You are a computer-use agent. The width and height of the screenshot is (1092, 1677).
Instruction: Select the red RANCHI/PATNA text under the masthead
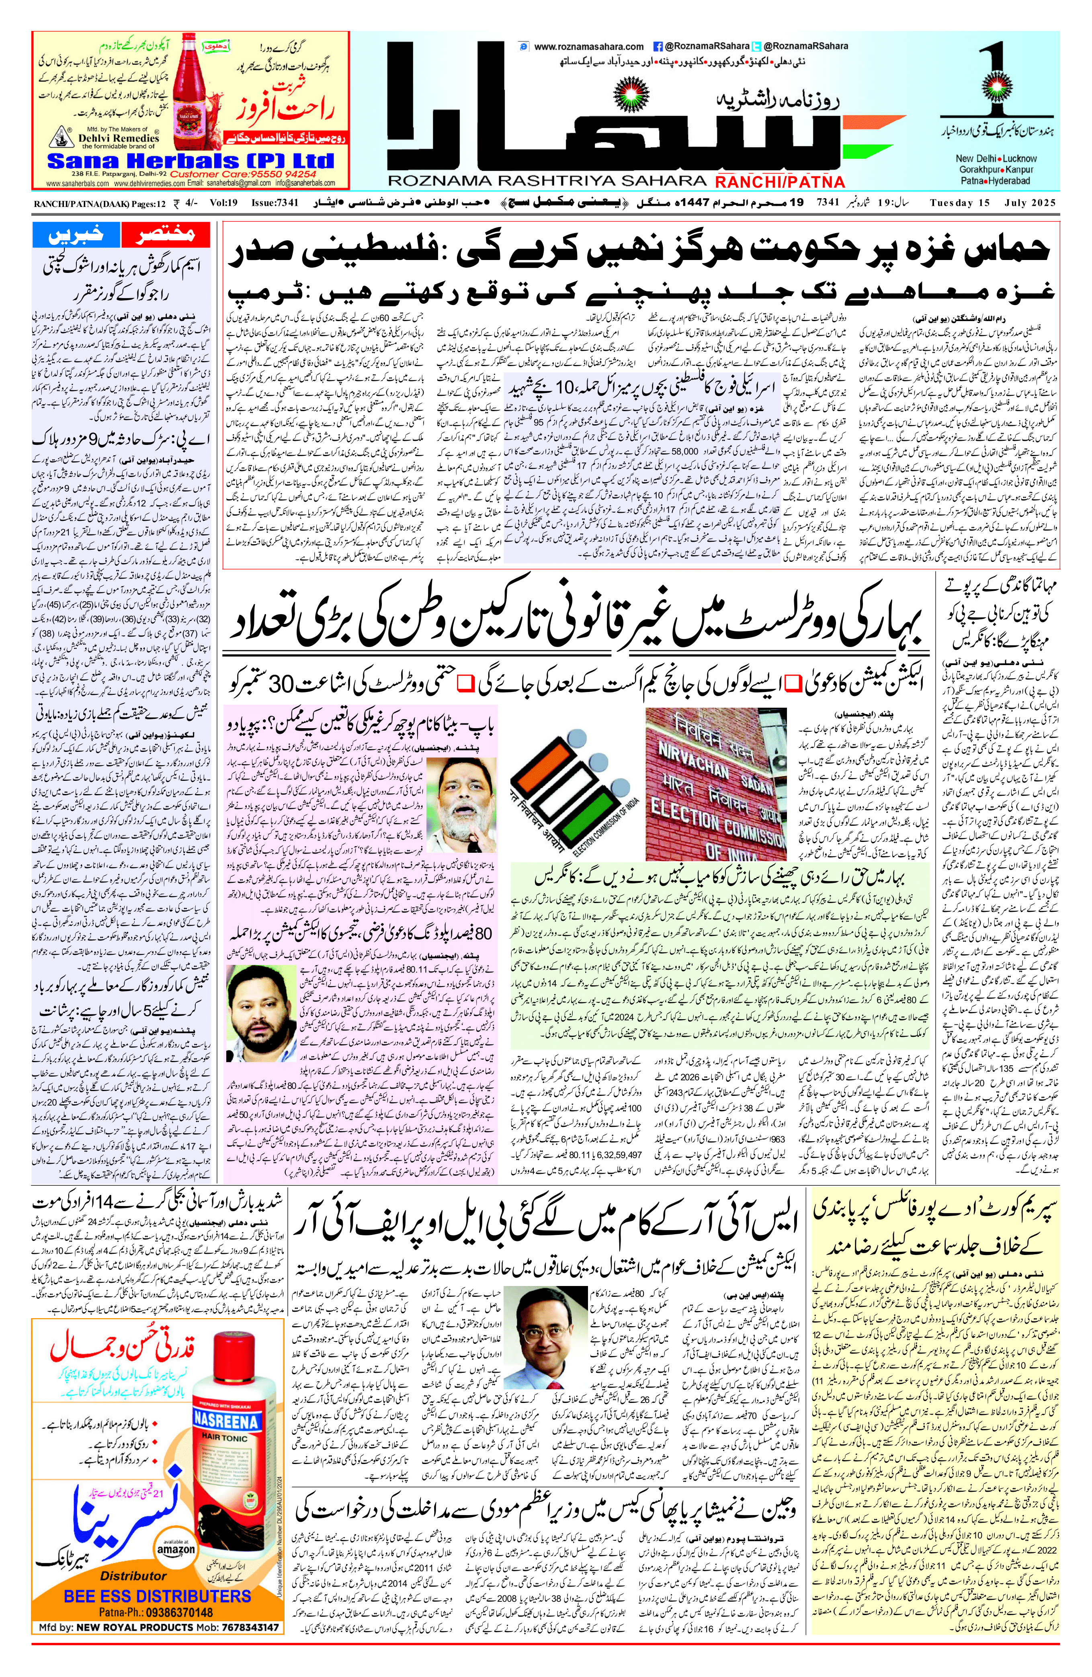pyautogui.click(x=780, y=182)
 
